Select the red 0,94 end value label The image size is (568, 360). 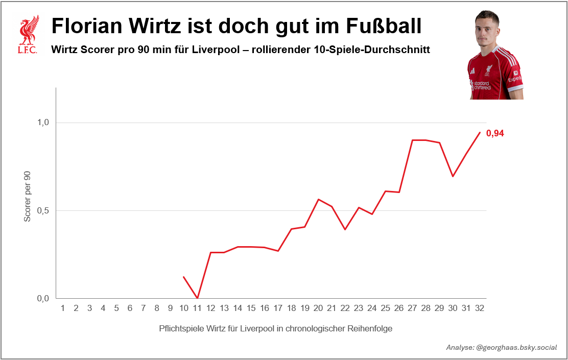coord(495,134)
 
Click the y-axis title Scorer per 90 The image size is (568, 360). coord(28,196)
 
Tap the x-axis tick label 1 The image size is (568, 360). coord(62,308)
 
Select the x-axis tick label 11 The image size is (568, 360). coord(197,308)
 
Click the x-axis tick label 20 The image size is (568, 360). coord(318,308)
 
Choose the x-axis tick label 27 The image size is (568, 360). coord(412,308)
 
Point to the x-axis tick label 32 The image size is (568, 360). coord(480,308)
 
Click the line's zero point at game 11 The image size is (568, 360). coord(197,298)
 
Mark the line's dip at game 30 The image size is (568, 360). coord(453,176)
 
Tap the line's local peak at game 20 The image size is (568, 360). coord(318,199)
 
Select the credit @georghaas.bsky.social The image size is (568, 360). coord(516,347)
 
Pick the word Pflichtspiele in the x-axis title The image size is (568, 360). coord(182,328)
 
